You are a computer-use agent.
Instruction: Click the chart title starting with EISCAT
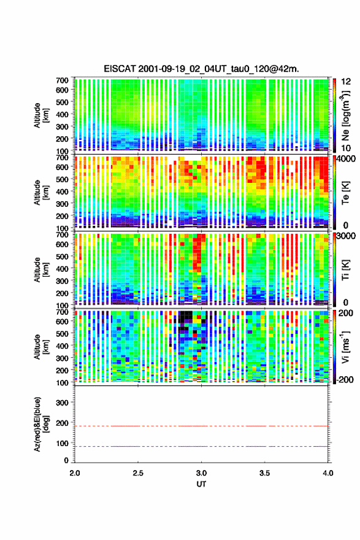tap(201, 69)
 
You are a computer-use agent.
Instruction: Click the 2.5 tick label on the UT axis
tap(138, 473)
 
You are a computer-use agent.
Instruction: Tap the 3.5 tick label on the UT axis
tap(264, 473)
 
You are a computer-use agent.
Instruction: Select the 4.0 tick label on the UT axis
tap(328, 473)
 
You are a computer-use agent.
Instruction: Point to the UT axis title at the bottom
tap(201, 484)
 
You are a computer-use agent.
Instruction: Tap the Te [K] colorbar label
tap(345, 193)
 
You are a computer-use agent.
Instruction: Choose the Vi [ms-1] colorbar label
tap(345, 347)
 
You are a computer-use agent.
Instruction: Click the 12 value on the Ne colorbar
tap(347, 82)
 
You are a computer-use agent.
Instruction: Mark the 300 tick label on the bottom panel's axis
tap(62, 403)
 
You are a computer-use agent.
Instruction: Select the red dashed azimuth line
tap(201, 426)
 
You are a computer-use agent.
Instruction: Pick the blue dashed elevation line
tap(201, 446)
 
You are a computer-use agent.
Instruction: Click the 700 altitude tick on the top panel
tap(62, 80)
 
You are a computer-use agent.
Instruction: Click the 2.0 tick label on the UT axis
tap(75, 473)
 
